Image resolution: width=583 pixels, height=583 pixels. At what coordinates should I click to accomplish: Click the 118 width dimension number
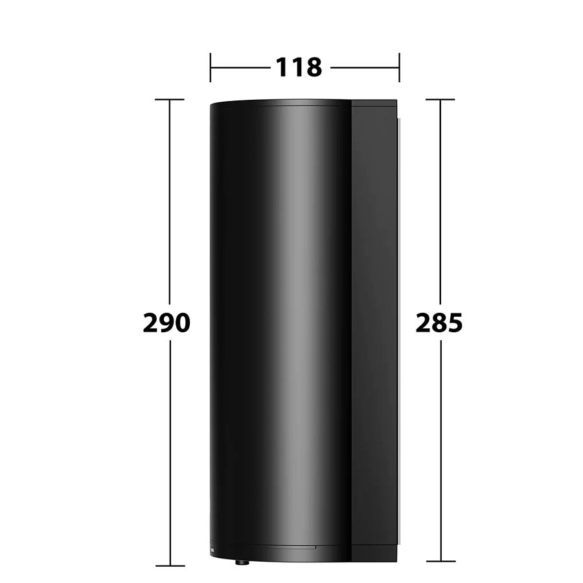299,67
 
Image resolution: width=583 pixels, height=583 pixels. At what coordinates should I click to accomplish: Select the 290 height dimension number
166,323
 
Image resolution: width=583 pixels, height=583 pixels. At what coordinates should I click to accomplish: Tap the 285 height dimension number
439,323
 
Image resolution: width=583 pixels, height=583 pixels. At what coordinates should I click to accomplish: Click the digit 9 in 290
166,323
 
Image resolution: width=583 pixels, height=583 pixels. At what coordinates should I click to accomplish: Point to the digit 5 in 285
455,323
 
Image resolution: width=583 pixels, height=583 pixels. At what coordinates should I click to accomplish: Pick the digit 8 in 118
314,67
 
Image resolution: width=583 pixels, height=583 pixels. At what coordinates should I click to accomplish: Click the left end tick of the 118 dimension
211,67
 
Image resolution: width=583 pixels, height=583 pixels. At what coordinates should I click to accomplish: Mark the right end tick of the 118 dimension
399,67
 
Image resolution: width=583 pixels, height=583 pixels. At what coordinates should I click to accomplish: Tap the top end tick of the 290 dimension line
170,99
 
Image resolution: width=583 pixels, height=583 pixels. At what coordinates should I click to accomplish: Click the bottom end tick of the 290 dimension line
170,566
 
